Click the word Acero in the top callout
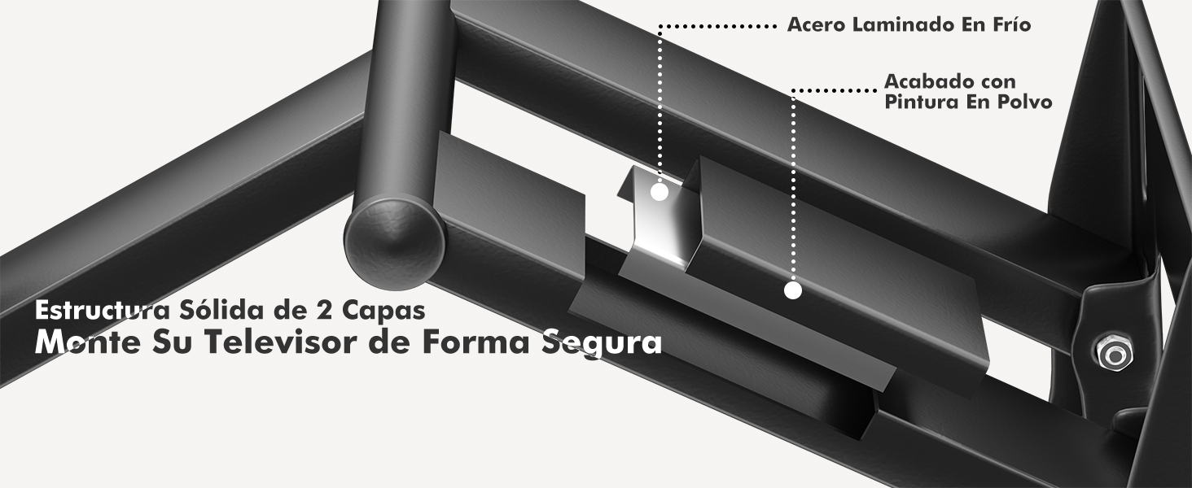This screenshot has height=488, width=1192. tap(817, 25)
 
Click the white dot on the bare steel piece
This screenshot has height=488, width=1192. tap(660, 193)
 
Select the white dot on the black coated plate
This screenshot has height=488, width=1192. tap(794, 290)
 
